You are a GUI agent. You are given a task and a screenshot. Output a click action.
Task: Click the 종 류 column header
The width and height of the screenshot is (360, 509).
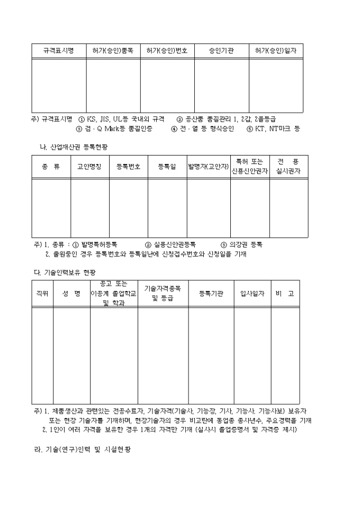point(51,167)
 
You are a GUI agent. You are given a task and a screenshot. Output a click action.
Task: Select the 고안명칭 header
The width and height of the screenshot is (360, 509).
point(90,167)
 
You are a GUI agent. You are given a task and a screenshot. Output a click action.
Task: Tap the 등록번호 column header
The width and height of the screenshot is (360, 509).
point(129,167)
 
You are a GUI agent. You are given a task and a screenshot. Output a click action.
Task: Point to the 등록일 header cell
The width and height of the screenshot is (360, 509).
point(167,167)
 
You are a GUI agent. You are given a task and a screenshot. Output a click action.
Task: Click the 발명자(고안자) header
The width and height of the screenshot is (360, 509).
point(208,167)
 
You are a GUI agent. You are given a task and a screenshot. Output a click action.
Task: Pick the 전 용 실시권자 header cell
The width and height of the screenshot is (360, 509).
point(288,167)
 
